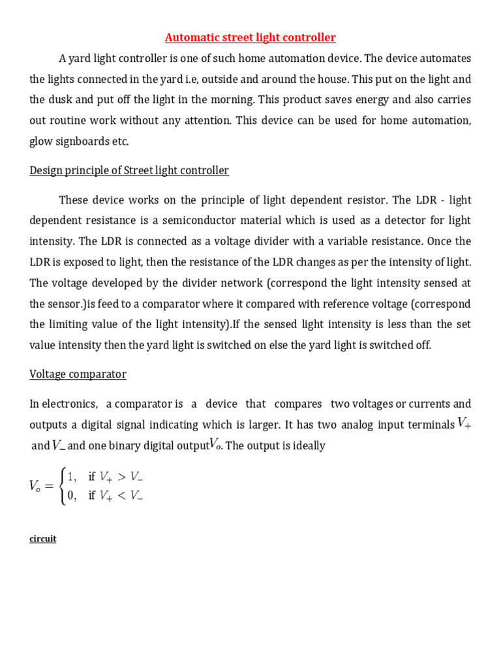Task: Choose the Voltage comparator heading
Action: [78, 374]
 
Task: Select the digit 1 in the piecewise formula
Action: [72, 476]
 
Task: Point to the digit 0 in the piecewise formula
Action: [72, 496]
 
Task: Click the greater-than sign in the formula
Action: [122, 476]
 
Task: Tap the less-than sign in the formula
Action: [122, 496]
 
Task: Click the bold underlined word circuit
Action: [43, 539]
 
